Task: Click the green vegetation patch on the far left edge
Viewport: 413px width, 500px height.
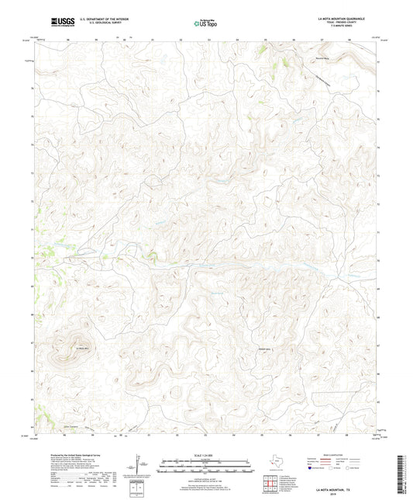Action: pos(44,251)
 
